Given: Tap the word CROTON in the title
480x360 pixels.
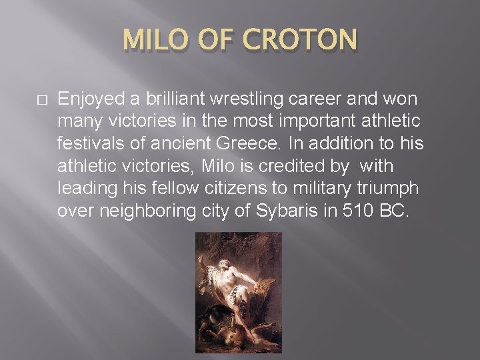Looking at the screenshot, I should [x=301, y=40].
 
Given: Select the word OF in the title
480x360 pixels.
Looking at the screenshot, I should [x=219, y=40].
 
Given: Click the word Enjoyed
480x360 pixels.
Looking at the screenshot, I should [x=92, y=99].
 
